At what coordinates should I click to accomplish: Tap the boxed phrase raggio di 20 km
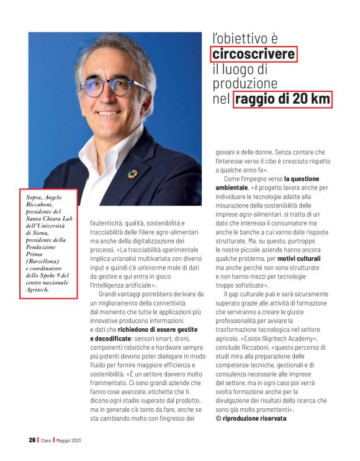[x=282, y=99]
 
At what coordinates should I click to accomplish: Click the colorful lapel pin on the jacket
[x=132, y=174]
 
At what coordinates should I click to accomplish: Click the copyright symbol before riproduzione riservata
[x=218, y=419]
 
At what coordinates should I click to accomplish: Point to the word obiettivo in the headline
[x=251, y=38]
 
